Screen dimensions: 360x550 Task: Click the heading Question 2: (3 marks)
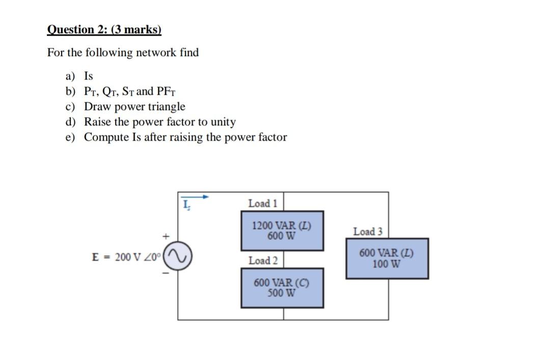click(x=104, y=30)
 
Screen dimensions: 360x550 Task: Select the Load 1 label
click(x=262, y=203)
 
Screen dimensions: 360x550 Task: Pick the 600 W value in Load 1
click(x=282, y=236)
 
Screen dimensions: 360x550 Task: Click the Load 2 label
click(x=263, y=261)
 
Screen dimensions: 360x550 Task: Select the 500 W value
click(x=282, y=293)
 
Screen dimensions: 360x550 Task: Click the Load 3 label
click(x=368, y=232)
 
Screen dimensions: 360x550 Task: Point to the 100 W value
click(x=387, y=264)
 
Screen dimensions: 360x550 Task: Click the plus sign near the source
click(x=165, y=236)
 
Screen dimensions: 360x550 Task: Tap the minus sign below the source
click(x=165, y=274)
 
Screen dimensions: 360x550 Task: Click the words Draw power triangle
click(x=134, y=107)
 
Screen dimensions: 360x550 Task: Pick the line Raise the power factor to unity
click(x=159, y=122)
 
